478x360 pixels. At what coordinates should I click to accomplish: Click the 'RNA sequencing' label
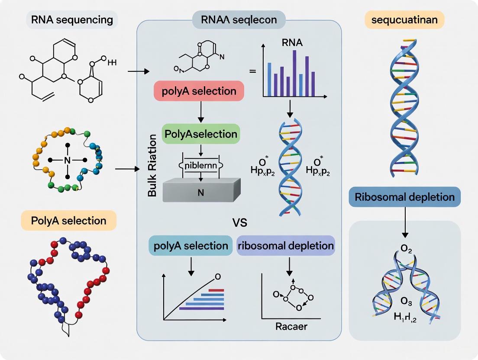[72, 20]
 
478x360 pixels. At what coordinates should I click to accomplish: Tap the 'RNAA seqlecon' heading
[239, 20]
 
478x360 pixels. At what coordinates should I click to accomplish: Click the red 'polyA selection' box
[199, 92]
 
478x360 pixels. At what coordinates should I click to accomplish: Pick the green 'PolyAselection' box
[200, 135]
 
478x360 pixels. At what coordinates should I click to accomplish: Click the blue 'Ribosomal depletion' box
[404, 197]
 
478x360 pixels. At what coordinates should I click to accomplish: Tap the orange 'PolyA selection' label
[68, 220]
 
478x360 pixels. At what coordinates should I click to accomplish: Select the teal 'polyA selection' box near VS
[191, 246]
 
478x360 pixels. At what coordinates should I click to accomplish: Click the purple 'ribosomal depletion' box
[286, 246]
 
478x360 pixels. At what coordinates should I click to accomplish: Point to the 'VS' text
[239, 223]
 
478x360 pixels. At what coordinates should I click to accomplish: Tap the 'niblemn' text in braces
[200, 166]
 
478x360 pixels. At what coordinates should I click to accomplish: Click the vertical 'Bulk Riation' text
[152, 166]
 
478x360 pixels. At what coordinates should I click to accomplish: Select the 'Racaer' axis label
[291, 326]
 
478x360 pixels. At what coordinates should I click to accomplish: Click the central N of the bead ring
[67, 160]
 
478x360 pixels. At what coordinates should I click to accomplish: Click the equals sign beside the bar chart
[253, 71]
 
